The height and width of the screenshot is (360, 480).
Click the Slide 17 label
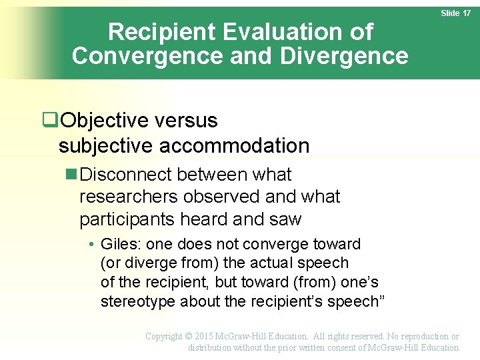point(456,13)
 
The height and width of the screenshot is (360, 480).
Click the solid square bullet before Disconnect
point(72,175)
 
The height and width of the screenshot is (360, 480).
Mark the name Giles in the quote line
point(121,244)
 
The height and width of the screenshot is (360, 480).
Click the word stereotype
point(139,301)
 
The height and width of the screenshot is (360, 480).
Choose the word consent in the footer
point(333,347)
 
